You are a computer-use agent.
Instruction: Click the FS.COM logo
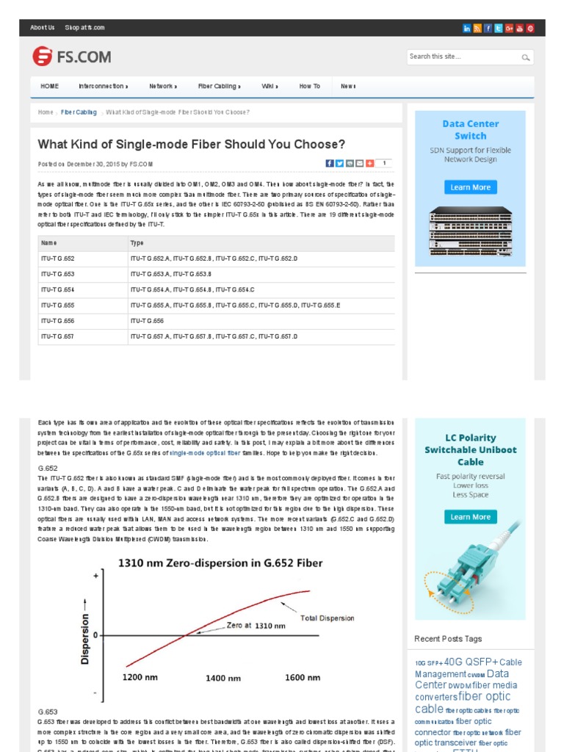click(x=71, y=56)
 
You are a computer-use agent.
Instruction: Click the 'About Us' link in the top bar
click(x=42, y=28)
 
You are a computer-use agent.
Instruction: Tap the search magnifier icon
click(x=526, y=57)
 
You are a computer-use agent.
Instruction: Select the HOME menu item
click(x=50, y=87)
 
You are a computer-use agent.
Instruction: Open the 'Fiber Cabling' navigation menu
click(x=218, y=87)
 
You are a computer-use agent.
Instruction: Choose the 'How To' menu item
click(x=309, y=87)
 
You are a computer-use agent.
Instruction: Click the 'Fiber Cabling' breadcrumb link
click(x=79, y=112)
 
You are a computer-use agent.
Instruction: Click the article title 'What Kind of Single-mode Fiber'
click(x=191, y=144)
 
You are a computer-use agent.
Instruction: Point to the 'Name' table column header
click(x=49, y=243)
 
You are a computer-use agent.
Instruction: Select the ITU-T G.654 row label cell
click(x=58, y=289)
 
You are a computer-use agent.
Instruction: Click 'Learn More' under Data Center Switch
click(x=470, y=187)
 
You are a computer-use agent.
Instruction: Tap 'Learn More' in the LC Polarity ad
click(x=470, y=517)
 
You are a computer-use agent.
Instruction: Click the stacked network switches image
click(x=470, y=231)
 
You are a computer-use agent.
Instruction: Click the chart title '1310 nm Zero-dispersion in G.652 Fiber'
click(x=221, y=563)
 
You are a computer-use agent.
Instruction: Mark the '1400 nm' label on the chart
click(x=223, y=678)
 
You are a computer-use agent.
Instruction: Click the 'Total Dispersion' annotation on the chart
click(x=327, y=618)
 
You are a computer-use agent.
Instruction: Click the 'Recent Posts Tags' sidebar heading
click(x=448, y=639)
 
